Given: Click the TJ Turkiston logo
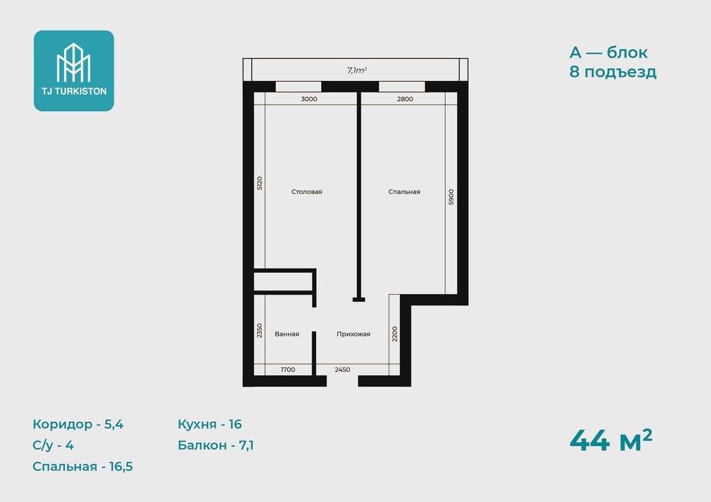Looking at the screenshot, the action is tap(74, 70).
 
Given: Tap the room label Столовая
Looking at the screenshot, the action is tap(307, 192).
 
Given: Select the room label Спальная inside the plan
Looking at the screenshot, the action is tap(404, 192).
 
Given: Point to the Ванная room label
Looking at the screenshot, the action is tap(287, 334).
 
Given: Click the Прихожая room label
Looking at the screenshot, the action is tap(353, 334).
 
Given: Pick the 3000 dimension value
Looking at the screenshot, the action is tap(310, 99).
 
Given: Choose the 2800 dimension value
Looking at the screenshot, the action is tap(405, 99).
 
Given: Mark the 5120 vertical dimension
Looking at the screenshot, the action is tap(259, 183).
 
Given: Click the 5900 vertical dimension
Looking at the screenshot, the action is tap(451, 197).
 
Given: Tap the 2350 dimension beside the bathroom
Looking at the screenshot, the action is tap(259, 331).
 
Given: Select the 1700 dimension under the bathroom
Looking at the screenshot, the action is tap(288, 370).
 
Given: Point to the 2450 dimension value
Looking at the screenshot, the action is tap(343, 370).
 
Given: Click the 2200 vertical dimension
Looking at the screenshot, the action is tap(394, 334).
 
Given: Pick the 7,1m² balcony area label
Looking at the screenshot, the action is tap(357, 70).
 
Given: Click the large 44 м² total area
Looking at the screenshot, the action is tap(610, 440).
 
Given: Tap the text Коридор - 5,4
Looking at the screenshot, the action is tap(78, 424).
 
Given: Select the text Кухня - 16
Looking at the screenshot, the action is tap(210, 424).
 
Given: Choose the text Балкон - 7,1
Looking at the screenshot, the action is tap(215, 445).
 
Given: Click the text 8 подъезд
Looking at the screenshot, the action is tap(613, 72).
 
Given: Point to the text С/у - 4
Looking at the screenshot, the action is tap(53, 445).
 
